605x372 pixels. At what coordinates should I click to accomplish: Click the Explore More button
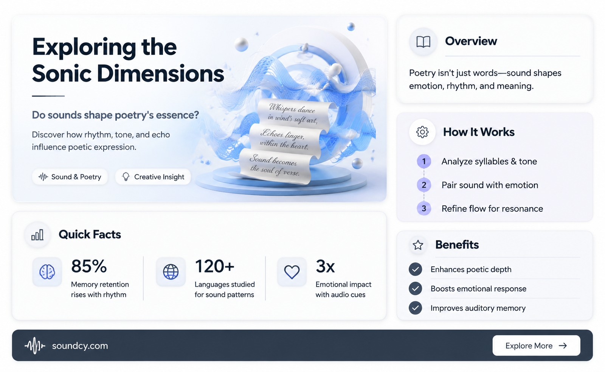pyautogui.click(x=536, y=346)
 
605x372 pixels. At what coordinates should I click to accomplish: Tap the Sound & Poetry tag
pyautogui.click(x=70, y=177)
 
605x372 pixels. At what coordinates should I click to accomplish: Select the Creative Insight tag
pyautogui.click(x=153, y=177)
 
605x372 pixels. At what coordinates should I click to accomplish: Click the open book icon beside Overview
pyautogui.click(x=423, y=42)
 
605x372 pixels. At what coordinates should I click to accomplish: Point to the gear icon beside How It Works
pyautogui.click(x=422, y=132)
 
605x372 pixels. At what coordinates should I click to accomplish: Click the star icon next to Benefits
pyautogui.click(x=418, y=245)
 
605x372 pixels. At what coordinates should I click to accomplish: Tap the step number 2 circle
pyautogui.click(x=424, y=185)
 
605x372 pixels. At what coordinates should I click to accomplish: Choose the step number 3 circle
pyautogui.click(x=424, y=209)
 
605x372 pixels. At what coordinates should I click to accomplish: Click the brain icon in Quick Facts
pyautogui.click(x=47, y=272)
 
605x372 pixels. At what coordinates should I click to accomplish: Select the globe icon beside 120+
pyautogui.click(x=171, y=272)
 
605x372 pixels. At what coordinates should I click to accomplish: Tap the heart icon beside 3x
pyautogui.click(x=292, y=272)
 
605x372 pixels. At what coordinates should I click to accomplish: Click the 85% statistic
pyautogui.click(x=89, y=266)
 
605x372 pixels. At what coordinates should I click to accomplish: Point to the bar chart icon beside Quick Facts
pyautogui.click(x=37, y=235)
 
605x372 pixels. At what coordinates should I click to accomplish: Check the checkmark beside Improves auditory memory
pyautogui.click(x=416, y=308)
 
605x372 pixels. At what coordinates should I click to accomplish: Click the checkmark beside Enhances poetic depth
pyautogui.click(x=416, y=269)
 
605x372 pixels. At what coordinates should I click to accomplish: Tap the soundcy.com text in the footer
pyautogui.click(x=80, y=346)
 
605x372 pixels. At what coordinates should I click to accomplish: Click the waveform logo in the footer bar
pyautogui.click(x=35, y=346)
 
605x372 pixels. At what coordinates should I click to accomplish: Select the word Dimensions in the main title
pyautogui.click(x=160, y=73)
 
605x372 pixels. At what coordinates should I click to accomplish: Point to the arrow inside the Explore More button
pyautogui.click(x=563, y=346)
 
